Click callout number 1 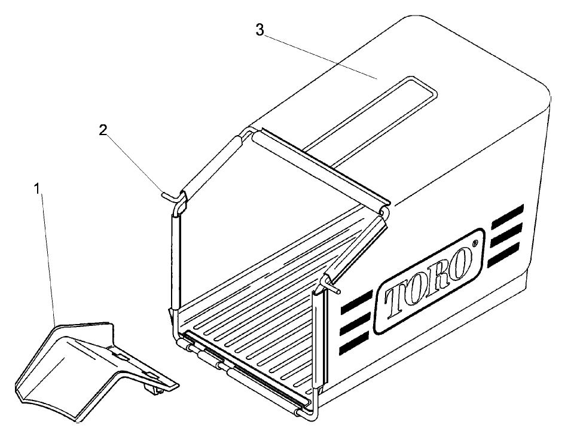(x=37, y=189)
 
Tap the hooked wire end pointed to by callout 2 (x=170, y=194)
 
